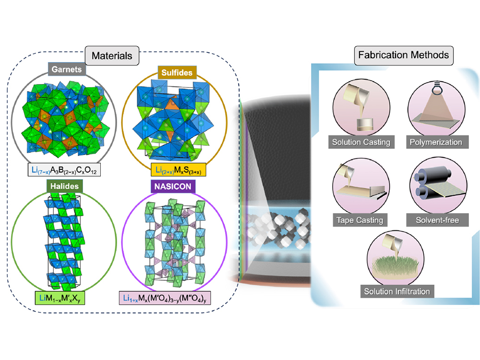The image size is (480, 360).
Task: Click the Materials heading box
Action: click(x=111, y=55)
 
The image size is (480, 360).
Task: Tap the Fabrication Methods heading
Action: click(x=403, y=55)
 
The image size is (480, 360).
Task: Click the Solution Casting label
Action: click(x=360, y=142)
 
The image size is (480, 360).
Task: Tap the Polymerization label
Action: click(x=436, y=142)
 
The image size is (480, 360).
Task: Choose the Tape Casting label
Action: click(x=360, y=220)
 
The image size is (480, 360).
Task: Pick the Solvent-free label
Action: click(x=436, y=220)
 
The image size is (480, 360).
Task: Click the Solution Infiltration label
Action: click(x=397, y=291)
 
